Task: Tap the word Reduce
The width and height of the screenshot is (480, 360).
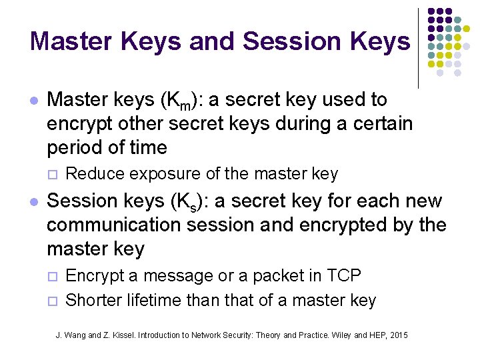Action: point(96,174)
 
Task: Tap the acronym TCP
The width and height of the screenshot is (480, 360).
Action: point(344,275)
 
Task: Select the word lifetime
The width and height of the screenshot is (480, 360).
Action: point(158,301)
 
